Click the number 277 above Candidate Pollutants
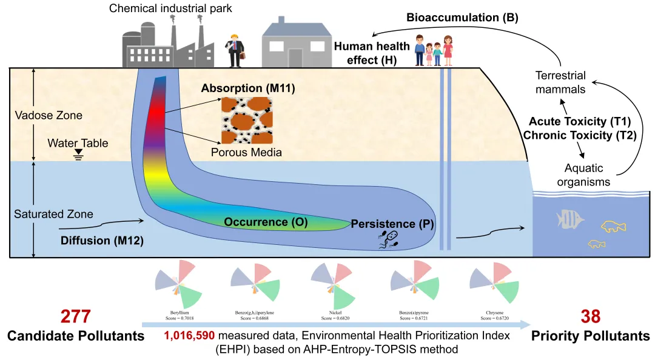coord(76,316)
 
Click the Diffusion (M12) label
coord(102,241)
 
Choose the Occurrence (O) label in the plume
coord(266,222)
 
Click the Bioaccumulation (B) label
coord(462,18)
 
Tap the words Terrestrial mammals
coord(560,83)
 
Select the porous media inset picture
coord(246,119)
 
